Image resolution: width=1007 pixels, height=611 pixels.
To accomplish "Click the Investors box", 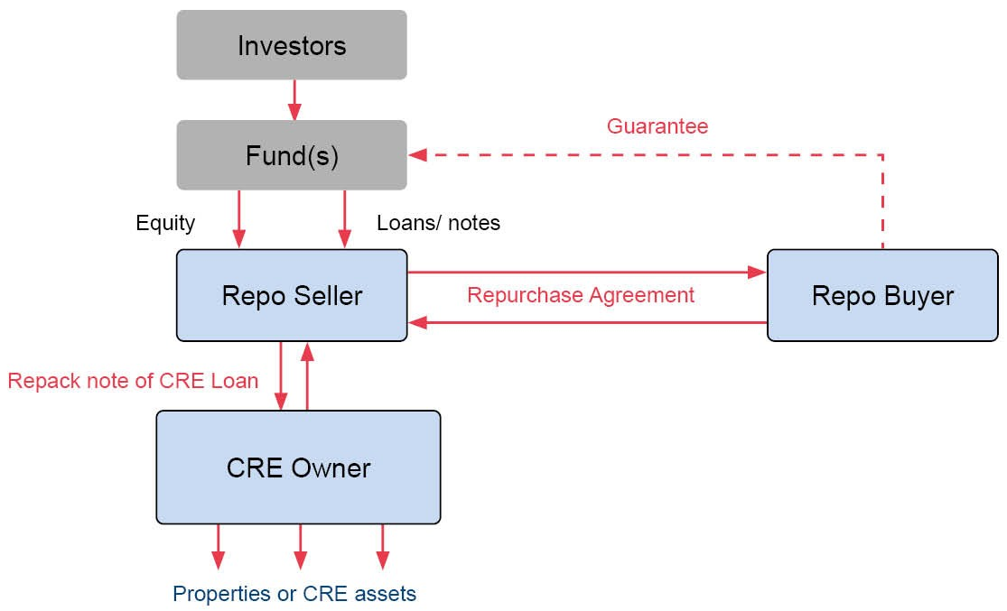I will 292,45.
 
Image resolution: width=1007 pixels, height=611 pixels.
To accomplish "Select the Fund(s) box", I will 292,155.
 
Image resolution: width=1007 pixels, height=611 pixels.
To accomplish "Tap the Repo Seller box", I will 292,295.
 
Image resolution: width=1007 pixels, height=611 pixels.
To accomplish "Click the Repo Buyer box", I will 882,295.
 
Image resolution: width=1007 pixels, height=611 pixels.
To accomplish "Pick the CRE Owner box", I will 298,468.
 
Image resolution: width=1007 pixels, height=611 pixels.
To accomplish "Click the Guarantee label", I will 657,126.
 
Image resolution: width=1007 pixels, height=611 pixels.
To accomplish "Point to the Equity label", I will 165,223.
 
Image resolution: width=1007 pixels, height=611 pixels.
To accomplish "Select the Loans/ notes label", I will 438,223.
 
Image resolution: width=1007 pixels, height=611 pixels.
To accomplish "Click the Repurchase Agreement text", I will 581,295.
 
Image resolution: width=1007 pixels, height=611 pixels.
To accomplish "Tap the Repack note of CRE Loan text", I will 133,381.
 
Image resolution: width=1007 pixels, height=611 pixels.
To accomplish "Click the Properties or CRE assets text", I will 294,594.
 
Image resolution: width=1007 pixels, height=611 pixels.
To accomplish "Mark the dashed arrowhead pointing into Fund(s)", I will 417,155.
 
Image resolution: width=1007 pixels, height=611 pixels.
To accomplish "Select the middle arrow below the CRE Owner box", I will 301,547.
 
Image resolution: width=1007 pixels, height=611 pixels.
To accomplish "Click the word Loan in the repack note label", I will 237,381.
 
